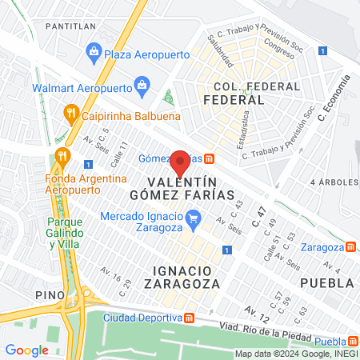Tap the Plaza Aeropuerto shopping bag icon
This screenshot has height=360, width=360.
(94, 54)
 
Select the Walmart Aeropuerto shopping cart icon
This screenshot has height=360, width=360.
(142, 83)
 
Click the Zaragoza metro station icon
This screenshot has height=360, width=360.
(352, 247)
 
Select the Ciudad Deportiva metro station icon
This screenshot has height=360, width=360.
(189, 317)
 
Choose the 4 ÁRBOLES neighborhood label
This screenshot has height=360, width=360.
(333, 182)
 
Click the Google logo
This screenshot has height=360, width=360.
(26, 350)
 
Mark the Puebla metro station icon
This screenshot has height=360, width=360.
(353, 340)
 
